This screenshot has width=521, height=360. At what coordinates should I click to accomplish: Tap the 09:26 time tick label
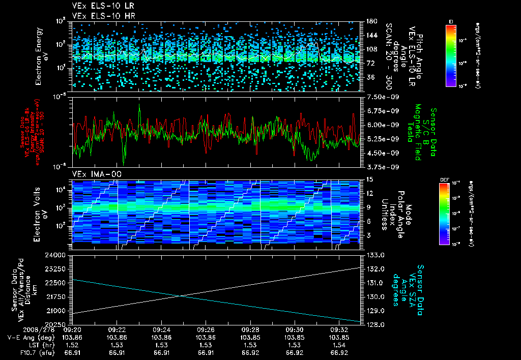pyautogui.click(x=205, y=329)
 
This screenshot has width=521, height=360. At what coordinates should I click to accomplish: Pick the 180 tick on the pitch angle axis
pyautogui.click(x=370, y=21)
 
